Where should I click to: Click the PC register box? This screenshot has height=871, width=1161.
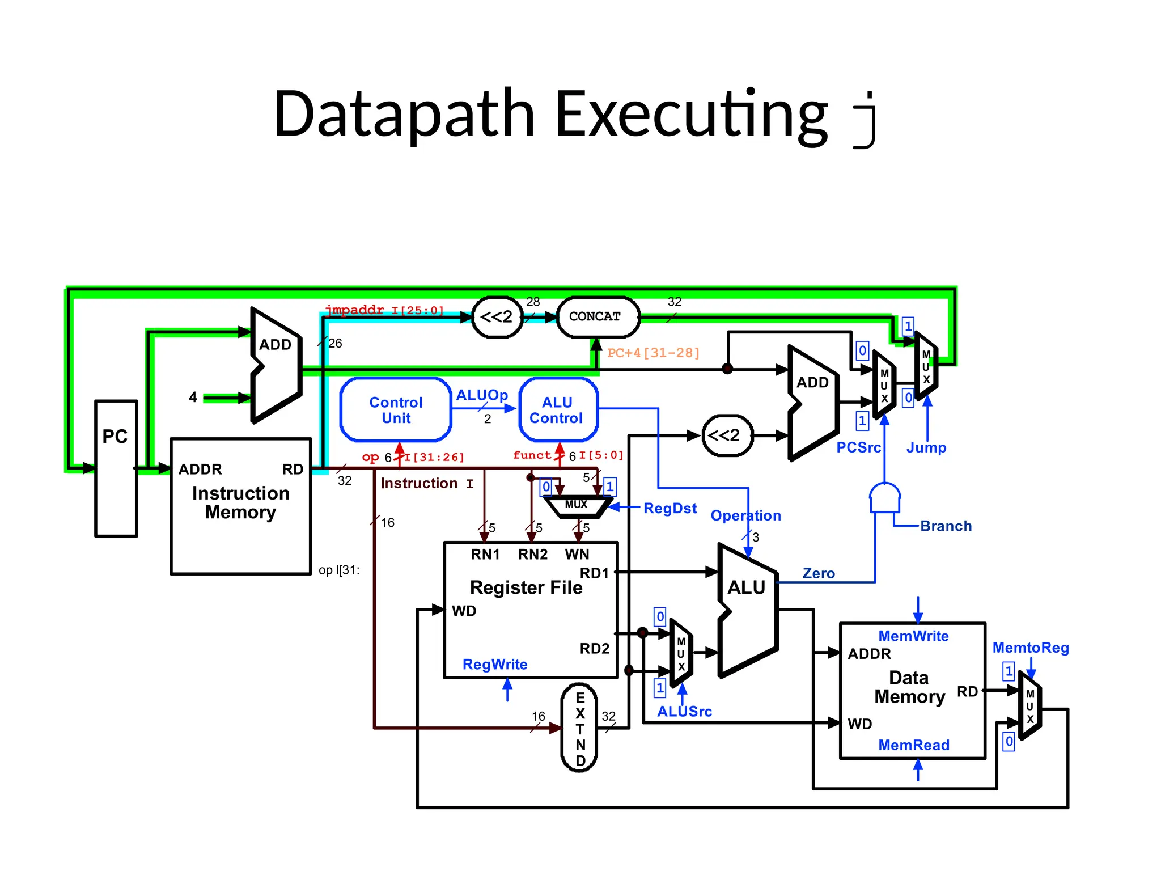(116, 468)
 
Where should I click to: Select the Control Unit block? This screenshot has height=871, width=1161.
(396, 410)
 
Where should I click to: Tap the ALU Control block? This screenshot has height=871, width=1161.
(558, 410)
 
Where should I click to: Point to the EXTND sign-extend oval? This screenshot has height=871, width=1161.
(579, 728)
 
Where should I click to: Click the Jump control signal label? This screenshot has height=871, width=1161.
(926, 447)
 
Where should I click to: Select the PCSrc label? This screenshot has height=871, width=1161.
(858, 447)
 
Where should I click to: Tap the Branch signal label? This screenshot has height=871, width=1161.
(946, 526)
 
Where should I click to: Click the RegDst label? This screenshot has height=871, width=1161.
(670, 508)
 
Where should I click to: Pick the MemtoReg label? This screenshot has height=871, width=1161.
(1031, 648)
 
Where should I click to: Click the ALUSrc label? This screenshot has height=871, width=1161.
(684, 712)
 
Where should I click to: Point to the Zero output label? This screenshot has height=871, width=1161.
(819, 573)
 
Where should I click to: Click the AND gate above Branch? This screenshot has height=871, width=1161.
(884, 498)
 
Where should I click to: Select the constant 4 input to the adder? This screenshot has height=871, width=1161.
(193, 398)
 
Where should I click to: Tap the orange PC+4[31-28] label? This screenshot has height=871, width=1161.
(653, 353)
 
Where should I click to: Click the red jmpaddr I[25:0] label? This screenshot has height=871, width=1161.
(384, 310)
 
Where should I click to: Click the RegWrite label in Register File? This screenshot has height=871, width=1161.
(495, 665)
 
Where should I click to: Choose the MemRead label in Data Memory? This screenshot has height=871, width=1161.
(913, 745)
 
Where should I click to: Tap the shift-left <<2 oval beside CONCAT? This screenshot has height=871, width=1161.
(497, 317)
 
